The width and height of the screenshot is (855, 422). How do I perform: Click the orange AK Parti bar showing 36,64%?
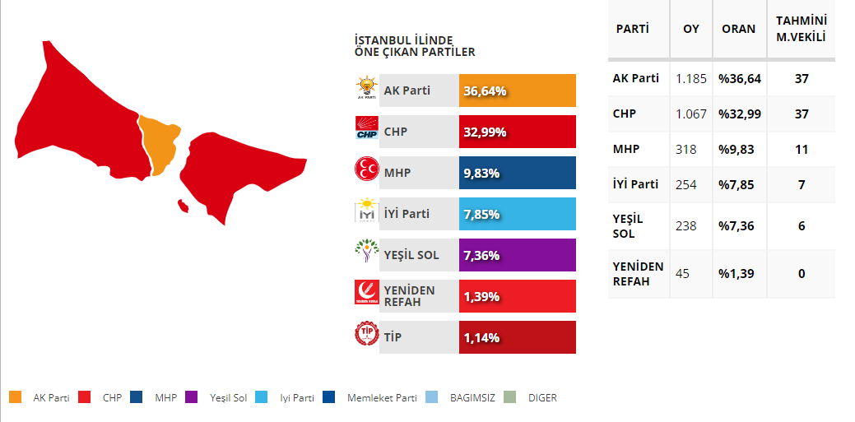point(517,90)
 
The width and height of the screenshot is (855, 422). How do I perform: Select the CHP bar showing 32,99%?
point(517,132)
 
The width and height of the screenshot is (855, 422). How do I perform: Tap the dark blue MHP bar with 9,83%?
point(517,173)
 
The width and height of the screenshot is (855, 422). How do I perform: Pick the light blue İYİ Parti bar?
point(517,214)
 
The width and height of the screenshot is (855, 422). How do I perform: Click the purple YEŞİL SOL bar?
point(517,255)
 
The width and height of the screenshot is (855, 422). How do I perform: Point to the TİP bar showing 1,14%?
point(517,337)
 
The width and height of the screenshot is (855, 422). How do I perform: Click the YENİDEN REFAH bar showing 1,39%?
point(517,296)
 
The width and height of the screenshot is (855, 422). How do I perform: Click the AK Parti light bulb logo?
point(365,88)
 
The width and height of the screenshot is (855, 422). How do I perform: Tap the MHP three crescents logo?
point(365,172)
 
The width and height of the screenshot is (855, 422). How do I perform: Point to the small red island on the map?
point(184,204)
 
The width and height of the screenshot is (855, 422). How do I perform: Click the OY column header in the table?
point(691,29)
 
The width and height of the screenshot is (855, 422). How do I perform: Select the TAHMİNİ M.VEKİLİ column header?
point(801,29)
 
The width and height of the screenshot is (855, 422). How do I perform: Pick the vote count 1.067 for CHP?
point(691,114)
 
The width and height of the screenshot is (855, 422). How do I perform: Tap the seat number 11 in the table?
point(801,150)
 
